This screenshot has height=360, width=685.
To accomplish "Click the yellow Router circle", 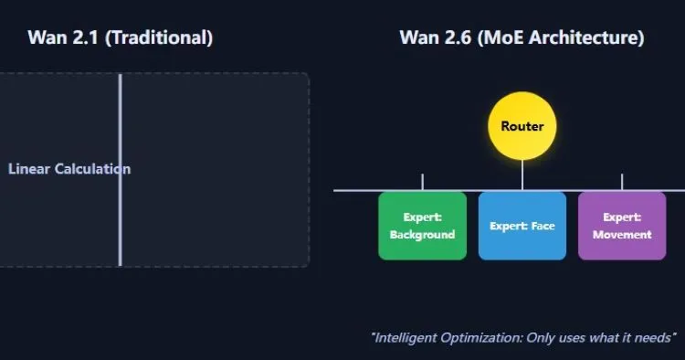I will click(522, 126).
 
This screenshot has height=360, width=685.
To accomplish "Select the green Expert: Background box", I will click(422, 226).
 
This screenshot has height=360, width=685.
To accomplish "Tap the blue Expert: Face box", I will click(522, 226).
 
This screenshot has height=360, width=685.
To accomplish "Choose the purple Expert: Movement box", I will click(622, 226).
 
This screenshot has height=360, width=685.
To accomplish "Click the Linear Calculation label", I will click(68, 169).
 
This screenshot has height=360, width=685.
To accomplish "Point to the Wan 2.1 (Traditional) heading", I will click(120, 37).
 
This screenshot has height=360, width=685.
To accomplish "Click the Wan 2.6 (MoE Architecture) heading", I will click(522, 37).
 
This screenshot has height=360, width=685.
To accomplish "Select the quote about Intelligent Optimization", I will click(523, 337).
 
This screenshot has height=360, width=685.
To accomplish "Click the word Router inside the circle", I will click(522, 127).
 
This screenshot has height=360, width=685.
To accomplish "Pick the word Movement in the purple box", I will click(622, 235).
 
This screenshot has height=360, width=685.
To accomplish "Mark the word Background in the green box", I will click(422, 235).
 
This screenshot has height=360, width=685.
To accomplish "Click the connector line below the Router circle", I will click(522, 174).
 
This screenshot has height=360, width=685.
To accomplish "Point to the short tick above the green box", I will click(422, 182).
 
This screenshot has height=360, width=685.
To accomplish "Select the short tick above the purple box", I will click(622, 182).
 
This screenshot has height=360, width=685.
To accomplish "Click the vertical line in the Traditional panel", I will click(120, 219).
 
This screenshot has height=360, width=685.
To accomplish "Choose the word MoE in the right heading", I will click(500, 37).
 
